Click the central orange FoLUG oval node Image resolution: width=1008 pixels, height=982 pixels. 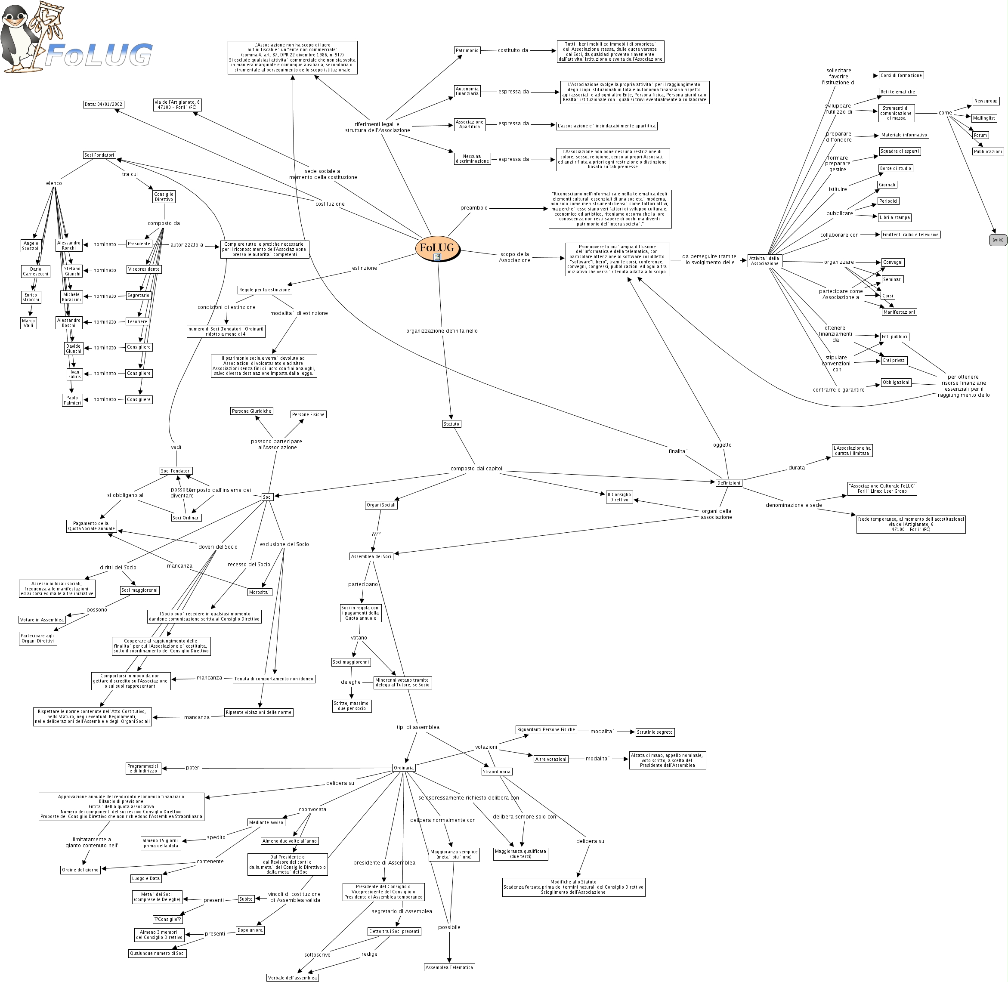[437, 248]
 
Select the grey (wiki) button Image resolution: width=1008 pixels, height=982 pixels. [998, 240]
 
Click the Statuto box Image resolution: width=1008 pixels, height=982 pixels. [451, 424]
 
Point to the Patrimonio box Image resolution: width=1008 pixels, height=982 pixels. [467, 50]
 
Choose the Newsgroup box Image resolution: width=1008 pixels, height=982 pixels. [986, 101]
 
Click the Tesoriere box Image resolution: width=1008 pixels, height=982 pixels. [137, 322]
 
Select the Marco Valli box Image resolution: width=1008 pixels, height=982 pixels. [28, 323]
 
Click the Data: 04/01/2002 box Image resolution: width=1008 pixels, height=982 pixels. [104, 104]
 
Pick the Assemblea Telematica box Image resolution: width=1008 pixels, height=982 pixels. [449, 967]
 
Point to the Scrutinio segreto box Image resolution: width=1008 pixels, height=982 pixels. [655, 732]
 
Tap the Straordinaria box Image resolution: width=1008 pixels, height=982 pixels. [496, 772]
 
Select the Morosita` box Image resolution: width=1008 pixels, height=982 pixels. [259, 592]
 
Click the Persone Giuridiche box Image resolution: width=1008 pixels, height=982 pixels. [251, 411]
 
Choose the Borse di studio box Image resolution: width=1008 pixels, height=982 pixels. [896, 169]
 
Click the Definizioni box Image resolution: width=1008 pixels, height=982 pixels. [728, 483]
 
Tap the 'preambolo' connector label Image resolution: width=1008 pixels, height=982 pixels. [473, 208]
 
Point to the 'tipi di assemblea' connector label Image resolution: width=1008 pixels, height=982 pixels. [418, 727]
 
